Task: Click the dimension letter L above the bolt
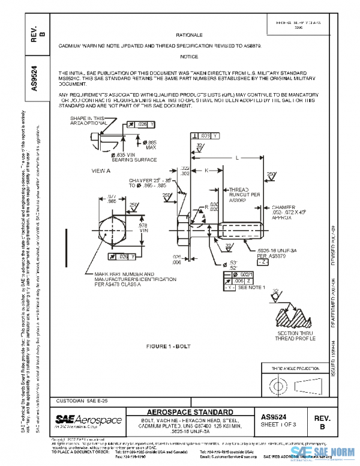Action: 238,157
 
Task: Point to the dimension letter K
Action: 206,170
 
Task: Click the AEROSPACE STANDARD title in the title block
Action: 190,411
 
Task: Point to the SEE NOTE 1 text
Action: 252,288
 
